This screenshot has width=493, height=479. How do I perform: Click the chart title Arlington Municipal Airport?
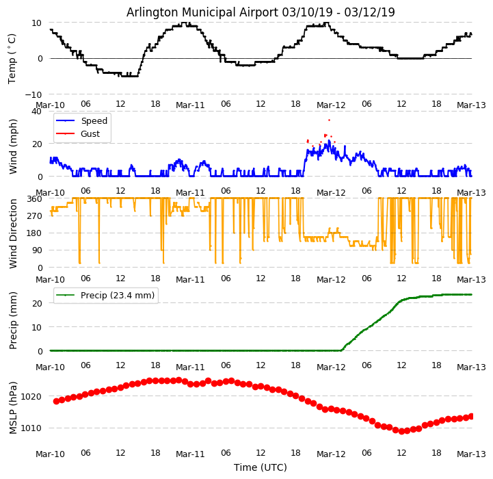click(261, 12)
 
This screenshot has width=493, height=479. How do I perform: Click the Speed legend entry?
click(94, 121)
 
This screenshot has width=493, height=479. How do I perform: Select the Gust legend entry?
click(90, 134)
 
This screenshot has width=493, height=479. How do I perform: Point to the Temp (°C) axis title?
click(12, 58)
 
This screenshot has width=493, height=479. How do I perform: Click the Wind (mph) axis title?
click(13, 146)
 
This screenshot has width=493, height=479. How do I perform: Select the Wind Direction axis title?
click(13, 233)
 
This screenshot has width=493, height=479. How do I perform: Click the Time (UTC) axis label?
click(261, 467)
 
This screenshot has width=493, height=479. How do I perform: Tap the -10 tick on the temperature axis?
click(35, 94)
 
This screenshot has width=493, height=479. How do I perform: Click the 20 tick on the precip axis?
click(38, 303)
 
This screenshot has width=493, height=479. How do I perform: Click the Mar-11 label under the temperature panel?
click(190, 105)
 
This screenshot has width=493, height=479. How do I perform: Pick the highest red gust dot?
click(329, 120)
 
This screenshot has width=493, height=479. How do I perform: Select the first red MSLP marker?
click(56, 401)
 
